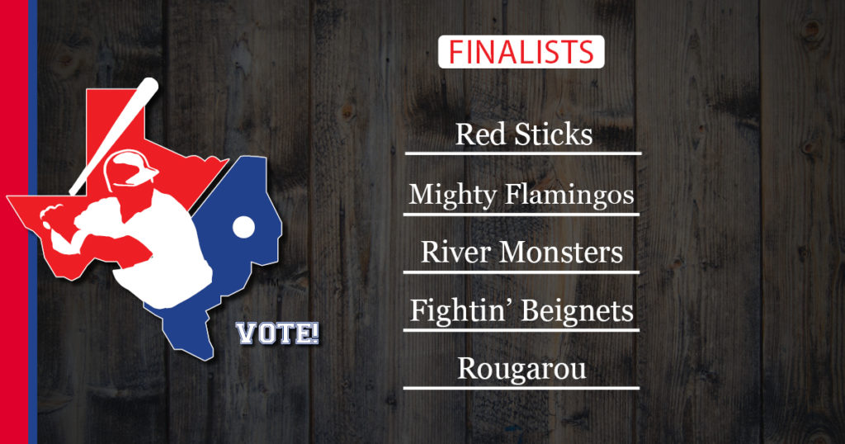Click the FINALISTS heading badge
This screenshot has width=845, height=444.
pos(522,52)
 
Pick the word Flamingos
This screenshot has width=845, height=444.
pos(569,195)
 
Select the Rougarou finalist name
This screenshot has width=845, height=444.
pos(522,370)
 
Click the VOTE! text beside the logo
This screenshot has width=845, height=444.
pos(278,333)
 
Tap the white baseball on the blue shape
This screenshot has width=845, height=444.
pos(243,228)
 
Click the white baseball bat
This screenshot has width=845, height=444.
pos(114,136)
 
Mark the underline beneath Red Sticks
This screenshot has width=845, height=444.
pos(523,154)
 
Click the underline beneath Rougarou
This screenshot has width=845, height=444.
pos(522,388)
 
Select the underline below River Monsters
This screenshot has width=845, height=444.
pos(522,272)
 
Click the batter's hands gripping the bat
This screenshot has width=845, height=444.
pos(53,216)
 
